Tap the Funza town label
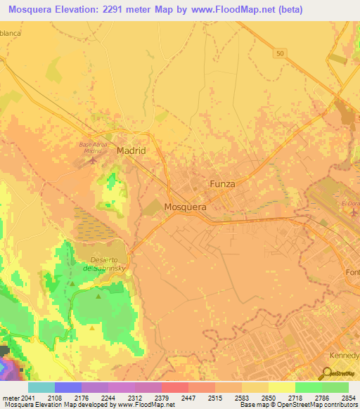coord(221,183)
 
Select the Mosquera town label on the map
coord(185,207)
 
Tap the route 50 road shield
coord(281,53)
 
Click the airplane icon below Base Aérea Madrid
coord(94,161)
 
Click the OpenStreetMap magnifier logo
coord(327,374)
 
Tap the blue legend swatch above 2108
coord(68,387)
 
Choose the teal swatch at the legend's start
coord(41,387)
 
